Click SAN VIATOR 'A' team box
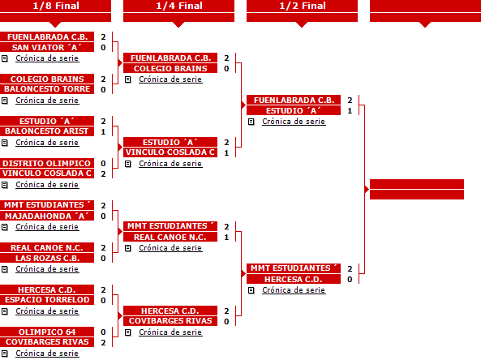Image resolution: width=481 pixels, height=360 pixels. click(47, 47)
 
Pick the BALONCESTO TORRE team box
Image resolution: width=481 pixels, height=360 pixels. click(47, 89)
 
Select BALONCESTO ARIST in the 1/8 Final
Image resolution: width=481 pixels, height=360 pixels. click(47, 131)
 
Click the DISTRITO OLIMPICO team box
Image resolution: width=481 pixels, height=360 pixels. click(47, 163)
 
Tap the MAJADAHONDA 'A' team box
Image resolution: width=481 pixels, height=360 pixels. click(47, 216)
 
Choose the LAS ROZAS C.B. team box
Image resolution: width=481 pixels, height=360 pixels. click(47, 258)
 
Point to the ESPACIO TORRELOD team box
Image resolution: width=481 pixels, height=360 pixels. click(47, 299)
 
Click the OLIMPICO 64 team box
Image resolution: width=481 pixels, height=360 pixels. click(47, 332)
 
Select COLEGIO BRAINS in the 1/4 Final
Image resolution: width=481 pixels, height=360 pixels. click(170, 68)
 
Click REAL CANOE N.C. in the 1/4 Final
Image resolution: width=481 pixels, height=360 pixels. click(170, 237)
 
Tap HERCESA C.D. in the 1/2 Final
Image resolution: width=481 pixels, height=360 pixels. click(294, 279)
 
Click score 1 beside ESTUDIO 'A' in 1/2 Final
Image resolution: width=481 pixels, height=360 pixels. click(350, 111)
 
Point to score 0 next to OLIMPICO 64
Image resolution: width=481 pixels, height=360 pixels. click(103, 332)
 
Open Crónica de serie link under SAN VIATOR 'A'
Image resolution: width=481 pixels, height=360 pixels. click(47, 58)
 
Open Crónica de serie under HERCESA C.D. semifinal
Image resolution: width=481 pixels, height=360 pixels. click(294, 290)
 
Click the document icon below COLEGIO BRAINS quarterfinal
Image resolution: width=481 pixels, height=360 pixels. click(128, 79)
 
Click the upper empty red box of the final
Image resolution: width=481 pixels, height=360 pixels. click(417, 184)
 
